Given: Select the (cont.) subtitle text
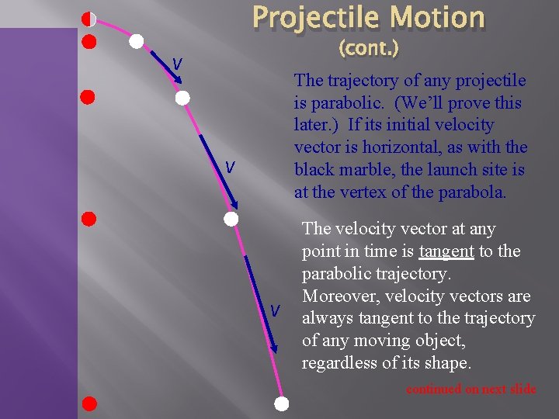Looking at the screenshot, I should click(369, 49).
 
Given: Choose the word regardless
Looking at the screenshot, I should click(340, 362).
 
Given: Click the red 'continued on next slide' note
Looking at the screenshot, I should click(470, 389).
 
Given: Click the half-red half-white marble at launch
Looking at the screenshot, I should click(89, 19).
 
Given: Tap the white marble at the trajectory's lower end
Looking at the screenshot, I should click(282, 403).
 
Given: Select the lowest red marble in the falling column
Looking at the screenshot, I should click(89, 403).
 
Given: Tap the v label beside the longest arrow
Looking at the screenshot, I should click(274, 310).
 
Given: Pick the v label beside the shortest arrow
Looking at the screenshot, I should click(177, 64).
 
